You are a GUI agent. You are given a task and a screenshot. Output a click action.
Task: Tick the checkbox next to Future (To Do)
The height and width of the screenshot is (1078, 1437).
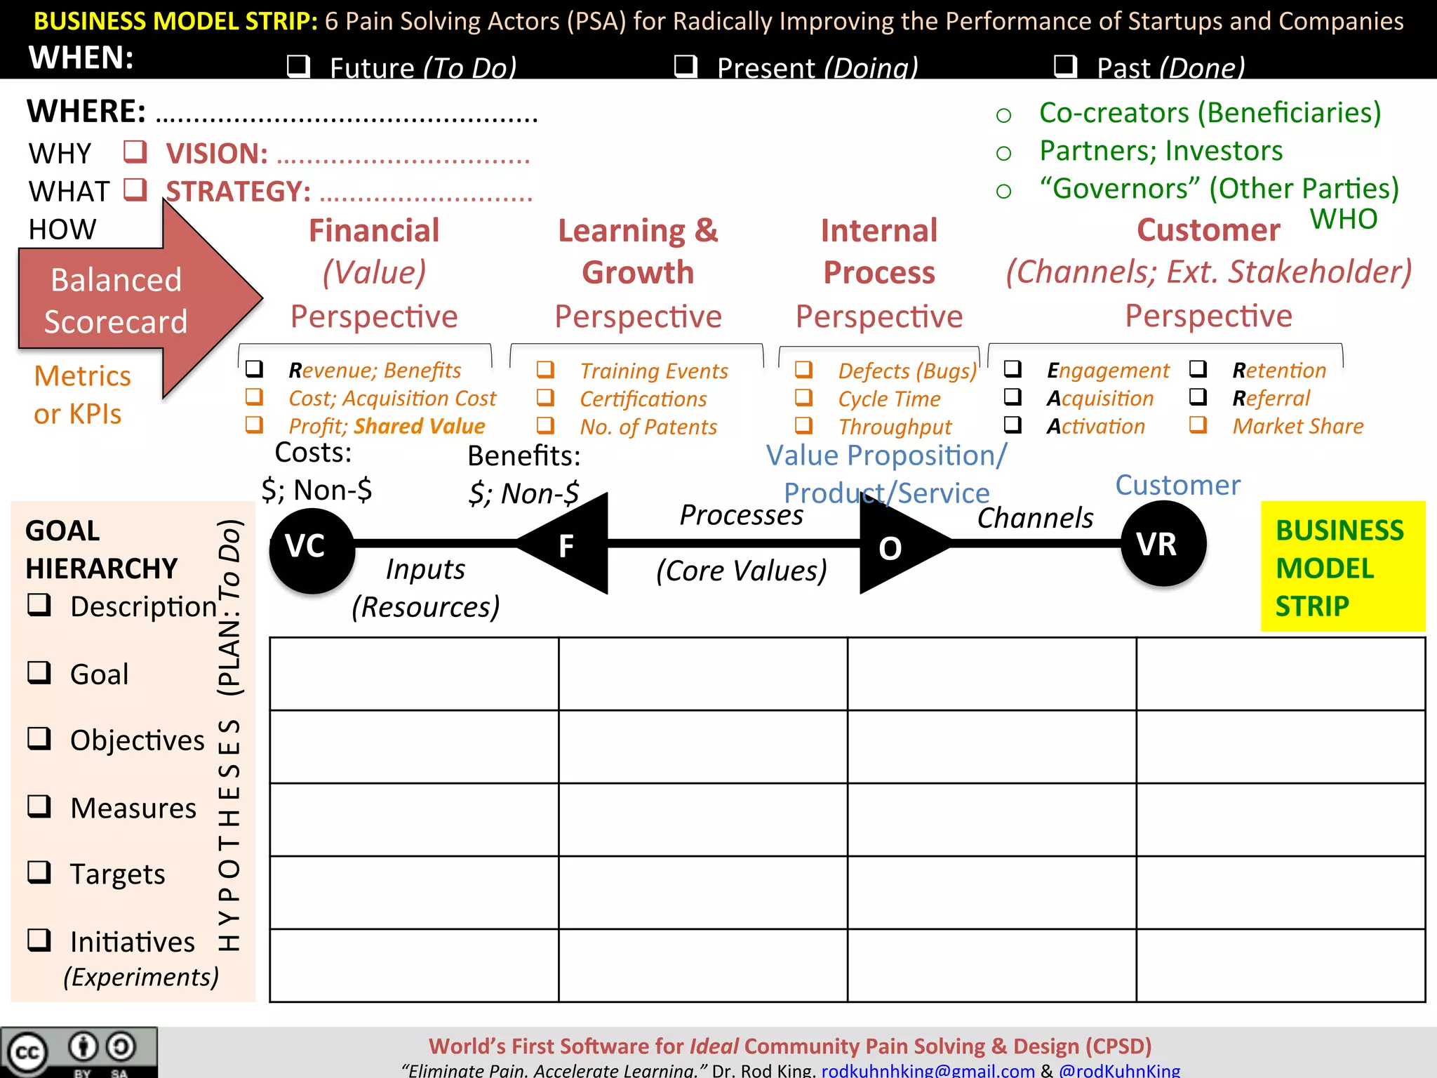click(298, 66)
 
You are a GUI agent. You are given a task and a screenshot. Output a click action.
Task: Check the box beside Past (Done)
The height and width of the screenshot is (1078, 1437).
click(1065, 66)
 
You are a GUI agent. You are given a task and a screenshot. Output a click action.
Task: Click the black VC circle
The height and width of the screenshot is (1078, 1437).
click(312, 550)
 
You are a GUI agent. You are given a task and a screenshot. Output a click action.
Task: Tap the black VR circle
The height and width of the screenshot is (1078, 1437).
click(1163, 544)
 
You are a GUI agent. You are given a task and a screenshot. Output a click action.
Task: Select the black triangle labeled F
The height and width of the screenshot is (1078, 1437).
click(572, 544)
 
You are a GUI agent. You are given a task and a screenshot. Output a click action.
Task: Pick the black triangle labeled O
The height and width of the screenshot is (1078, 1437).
click(895, 545)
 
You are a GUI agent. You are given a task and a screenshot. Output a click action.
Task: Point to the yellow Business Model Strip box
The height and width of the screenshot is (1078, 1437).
click(1342, 567)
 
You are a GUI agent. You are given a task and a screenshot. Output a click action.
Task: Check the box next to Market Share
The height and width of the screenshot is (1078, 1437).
click(1198, 425)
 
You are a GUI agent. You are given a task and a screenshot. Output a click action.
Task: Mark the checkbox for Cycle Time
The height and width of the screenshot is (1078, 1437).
click(803, 398)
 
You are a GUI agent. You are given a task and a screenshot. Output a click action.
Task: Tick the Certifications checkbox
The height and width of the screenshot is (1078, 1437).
click(545, 398)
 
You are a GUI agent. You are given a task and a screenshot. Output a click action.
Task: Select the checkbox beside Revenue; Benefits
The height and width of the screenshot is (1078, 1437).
click(254, 369)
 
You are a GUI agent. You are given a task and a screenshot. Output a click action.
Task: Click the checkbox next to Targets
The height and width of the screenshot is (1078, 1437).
click(39, 872)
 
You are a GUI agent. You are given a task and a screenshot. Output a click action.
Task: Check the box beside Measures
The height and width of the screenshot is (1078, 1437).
click(39, 806)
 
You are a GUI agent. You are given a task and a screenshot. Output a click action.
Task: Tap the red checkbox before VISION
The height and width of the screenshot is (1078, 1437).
click(135, 152)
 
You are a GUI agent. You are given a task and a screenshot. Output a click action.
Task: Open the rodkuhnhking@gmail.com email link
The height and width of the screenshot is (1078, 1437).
click(928, 1070)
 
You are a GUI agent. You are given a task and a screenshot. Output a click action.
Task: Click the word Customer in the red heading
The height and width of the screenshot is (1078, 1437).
click(1208, 230)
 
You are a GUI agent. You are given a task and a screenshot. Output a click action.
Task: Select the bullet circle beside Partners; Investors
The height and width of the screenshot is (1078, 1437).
click(1003, 153)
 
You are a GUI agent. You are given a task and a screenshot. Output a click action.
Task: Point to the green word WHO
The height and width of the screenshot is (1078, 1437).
click(1344, 219)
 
